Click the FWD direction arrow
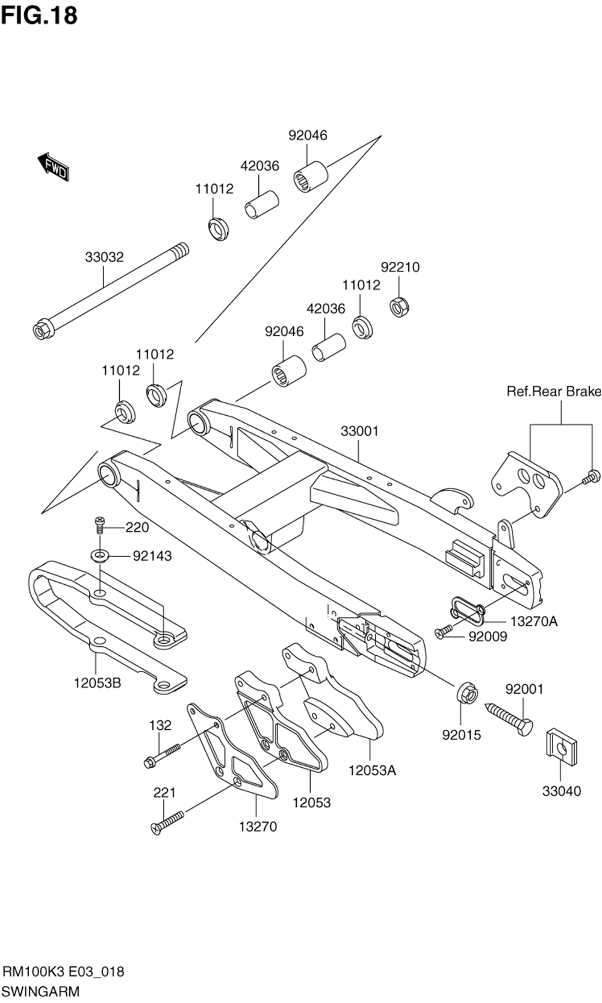pyautogui.click(x=54, y=167)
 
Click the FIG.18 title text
pyautogui.click(x=39, y=16)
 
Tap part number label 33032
pyautogui.click(x=104, y=257)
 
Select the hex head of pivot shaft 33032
pyautogui.click(x=41, y=330)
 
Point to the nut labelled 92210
pyautogui.click(x=399, y=307)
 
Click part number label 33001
pyautogui.click(x=359, y=431)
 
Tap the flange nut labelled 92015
pyautogui.click(x=467, y=694)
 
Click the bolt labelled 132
pyautogui.click(x=162, y=755)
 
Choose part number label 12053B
pyautogui.click(x=98, y=684)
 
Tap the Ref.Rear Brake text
pyautogui.click(x=554, y=391)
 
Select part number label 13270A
pyautogui.click(x=533, y=621)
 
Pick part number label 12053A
pyautogui.click(x=373, y=770)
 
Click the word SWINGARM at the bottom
pyautogui.click(x=41, y=990)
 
